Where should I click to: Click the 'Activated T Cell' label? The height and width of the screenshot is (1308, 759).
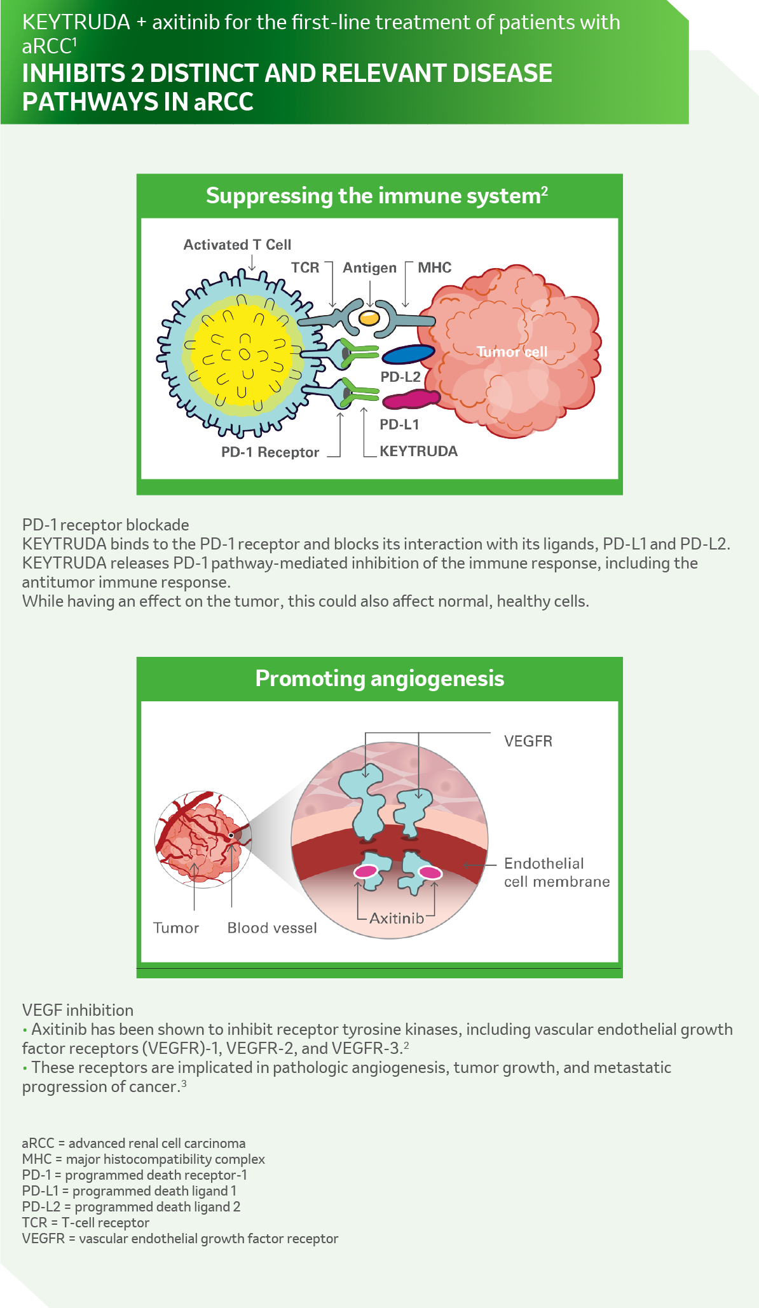pos(237,245)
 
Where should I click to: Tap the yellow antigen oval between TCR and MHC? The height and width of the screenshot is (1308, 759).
pos(369,317)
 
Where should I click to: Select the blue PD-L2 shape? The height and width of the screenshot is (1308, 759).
pos(408,354)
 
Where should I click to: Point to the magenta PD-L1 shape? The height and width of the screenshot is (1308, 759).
pos(411,399)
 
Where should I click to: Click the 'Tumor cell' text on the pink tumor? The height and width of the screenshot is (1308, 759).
pos(512,352)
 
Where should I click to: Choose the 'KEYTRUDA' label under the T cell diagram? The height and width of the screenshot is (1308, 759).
pos(418,451)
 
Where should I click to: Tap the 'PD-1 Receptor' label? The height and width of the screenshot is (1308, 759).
pos(270,452)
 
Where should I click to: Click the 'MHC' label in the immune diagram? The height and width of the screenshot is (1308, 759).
pos(435,267)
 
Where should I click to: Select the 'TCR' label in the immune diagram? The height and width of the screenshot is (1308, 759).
pos(305,267)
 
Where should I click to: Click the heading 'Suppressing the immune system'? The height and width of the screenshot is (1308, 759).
pos(376,196)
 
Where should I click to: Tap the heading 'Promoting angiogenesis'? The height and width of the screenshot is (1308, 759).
pos(379,678)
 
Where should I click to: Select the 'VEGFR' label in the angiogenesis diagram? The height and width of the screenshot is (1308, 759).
pos(528,741)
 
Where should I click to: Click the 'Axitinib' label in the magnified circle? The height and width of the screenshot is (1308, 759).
pos(397,918)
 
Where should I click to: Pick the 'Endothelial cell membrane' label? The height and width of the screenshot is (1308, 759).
pos(556,872)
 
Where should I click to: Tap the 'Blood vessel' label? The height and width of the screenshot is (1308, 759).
pos(272,928)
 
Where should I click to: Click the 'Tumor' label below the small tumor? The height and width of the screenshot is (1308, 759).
pos(176,928)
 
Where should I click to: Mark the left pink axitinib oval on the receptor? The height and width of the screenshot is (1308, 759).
pos(366,872)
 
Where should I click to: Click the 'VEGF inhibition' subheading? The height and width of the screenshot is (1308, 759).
pos(78,1010)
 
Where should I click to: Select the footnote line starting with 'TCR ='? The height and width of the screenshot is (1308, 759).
pos(86,1223)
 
